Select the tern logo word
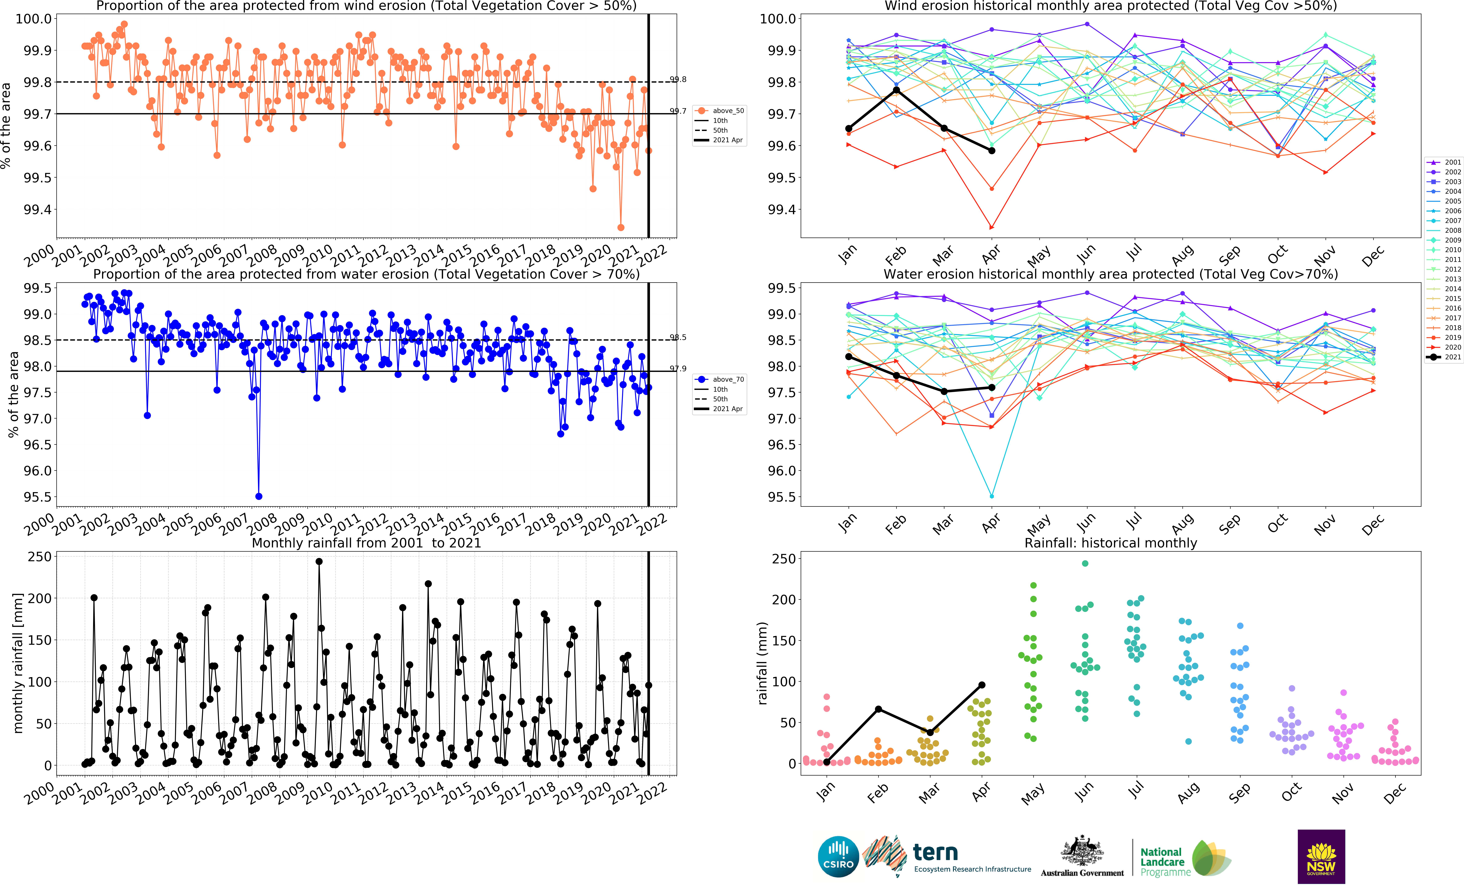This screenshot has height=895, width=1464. point(935,852)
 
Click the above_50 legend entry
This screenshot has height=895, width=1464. point(720,110)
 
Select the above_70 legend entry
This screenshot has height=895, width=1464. point(720,379)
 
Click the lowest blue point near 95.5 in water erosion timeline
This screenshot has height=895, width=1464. point(258,496)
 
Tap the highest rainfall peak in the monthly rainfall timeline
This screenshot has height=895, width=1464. point(319,562)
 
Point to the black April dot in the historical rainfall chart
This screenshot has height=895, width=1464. point(982,685)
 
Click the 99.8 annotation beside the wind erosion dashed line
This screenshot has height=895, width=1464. point(678,80)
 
